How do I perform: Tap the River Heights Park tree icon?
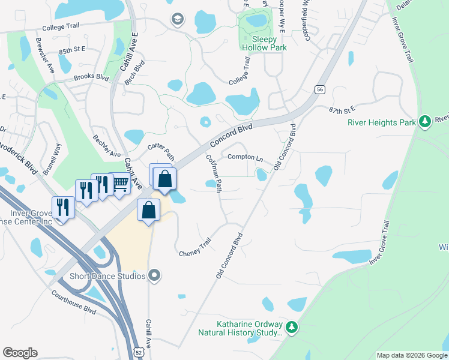coord(425,122)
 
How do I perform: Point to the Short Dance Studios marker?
coord(155,276)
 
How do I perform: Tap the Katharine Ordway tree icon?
coord(291,327)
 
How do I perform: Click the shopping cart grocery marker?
coord(121,183)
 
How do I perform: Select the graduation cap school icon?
coord(176,19)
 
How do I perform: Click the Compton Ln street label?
coord(246,158)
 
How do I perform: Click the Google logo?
coord(20,353)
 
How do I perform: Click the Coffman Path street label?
coord(214,174)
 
